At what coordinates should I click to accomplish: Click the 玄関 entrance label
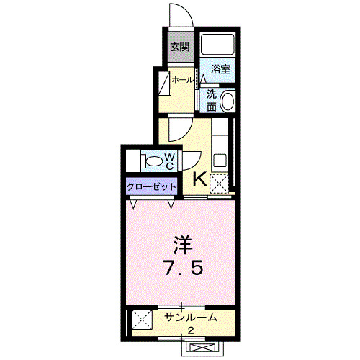click(x=179, y=48)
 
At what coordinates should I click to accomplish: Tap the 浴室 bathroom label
click(x=220, y=70)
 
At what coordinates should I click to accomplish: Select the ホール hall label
click(x=181, y=80)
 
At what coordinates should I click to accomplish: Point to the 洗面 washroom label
click(x=212, y=100)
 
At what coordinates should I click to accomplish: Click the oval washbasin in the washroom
click(x=228, y=101)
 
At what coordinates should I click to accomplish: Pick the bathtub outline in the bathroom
click(x=218, y=45)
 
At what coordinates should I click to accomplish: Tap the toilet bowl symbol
click(x=152, y=160)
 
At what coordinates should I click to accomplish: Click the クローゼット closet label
click(x=152, y=186)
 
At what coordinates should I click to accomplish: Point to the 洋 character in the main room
click(x=181, y=243)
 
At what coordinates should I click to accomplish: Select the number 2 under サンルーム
click(x=191, y=330)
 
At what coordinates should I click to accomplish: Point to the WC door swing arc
click(x=192, y=160)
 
